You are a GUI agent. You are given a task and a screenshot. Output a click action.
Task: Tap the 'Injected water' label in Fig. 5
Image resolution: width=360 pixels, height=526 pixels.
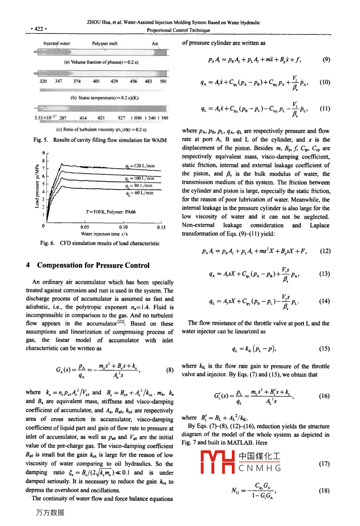coord(57,43)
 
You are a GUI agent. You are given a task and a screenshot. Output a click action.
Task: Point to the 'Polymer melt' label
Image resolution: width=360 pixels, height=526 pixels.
coord(105,43)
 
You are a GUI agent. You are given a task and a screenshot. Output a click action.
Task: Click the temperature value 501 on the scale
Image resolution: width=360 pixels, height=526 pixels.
coord(163,81)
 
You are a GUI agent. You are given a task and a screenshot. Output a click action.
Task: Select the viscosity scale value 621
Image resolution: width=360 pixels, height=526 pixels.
coord(101,118)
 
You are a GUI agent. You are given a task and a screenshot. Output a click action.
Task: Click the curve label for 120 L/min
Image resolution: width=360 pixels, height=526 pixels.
coord(140,166)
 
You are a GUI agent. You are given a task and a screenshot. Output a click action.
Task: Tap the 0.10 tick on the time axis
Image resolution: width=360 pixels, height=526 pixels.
coord(123,228)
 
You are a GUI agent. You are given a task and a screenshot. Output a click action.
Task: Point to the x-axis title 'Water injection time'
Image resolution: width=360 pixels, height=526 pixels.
coord(104,234)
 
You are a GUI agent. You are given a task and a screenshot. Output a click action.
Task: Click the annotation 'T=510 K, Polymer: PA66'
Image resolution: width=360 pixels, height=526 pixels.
coord(111,212)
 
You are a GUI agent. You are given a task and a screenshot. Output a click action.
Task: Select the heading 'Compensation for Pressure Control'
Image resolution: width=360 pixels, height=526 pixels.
coord(93,265)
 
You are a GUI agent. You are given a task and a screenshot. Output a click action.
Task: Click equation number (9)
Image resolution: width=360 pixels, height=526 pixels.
coord(326,60)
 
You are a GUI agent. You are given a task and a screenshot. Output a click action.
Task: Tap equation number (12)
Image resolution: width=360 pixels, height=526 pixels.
coord(325,251)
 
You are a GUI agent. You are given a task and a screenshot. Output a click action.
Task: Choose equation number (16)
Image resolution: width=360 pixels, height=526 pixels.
coord(324,396)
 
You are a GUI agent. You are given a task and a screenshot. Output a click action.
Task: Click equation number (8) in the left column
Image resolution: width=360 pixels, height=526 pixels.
coord(170,370)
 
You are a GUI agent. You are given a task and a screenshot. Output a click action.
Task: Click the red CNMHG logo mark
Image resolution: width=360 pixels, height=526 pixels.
coord(217,462)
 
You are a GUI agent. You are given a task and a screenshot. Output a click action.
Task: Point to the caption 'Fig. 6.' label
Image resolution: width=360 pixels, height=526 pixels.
coord(47,243)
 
